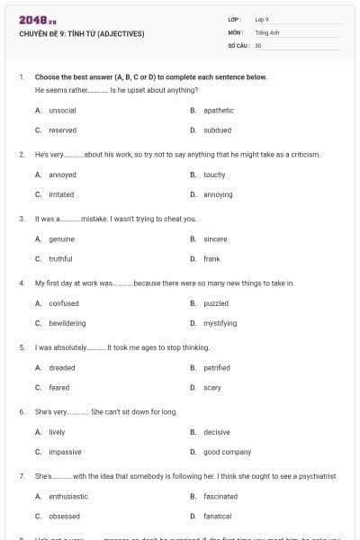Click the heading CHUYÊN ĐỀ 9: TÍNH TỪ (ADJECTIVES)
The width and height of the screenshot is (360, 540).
coord(80,34)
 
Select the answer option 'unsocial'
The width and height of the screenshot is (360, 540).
coord(62,110)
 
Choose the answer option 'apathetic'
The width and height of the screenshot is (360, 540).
coord(219,110)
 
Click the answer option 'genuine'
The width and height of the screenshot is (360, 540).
coord(61,238)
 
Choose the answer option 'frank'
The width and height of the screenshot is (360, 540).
coord(211,258)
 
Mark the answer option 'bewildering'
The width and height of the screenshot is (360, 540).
coord(67,323)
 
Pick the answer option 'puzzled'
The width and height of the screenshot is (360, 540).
coord(216,303)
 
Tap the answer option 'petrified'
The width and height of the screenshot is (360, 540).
coord(217,367)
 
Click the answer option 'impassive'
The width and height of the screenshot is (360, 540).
coord(65,452)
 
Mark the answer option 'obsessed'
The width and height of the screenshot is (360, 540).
coord(64,516)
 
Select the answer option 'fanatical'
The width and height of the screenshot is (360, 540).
coord(217,516)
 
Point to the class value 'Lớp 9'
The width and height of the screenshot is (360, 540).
coord(262,19)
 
